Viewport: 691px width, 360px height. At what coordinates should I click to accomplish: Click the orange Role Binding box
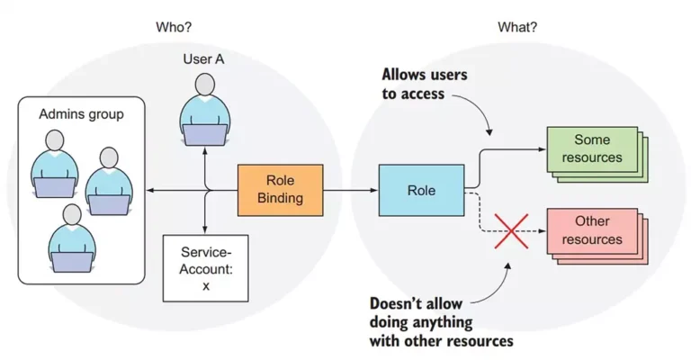(x=281, y=190)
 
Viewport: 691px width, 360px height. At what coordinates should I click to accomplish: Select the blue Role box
(x=421, y=190)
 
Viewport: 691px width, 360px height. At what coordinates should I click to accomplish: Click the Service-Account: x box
(x=205, y=268)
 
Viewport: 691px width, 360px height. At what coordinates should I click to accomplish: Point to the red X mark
(x=511, y=231)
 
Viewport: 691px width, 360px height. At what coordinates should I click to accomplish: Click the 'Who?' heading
(x=174, y=27)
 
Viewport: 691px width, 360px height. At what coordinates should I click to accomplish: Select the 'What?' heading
(x=517, y=27)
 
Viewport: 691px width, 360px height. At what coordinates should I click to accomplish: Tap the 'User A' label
(x=203, y=59)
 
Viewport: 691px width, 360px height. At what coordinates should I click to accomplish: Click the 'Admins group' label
(x=81, y=114)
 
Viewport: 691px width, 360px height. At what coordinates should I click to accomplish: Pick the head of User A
(x=205, y=85)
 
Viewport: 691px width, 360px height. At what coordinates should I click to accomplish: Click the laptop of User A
(x=205, y=135)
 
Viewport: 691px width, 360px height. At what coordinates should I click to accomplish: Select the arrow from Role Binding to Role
(x=350, y=191)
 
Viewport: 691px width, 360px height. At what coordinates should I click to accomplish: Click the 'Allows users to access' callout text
(x=425, y=84)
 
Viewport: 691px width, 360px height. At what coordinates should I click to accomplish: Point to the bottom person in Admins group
(x=72, y=238)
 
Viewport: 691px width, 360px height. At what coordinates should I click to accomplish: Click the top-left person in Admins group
(x=55, y=164)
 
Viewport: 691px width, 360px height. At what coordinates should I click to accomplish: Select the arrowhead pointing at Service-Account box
(x=205, y=229)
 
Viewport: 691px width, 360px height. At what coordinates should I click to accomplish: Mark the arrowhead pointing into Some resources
(x=542, y=148)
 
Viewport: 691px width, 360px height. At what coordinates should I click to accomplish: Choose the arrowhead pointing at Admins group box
(x=150, y=191)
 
